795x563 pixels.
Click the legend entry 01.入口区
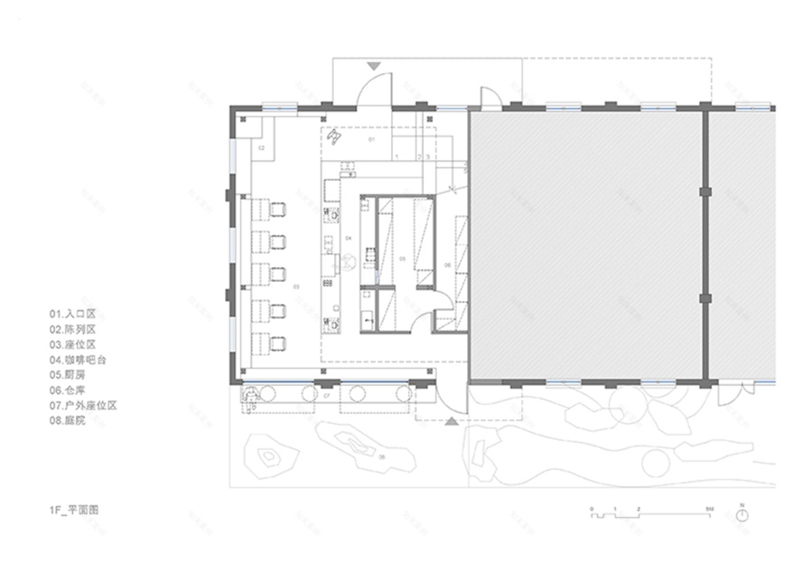[x=72, y=314]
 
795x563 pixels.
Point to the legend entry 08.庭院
[x=68, y=420]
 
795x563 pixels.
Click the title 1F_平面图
[x=74, y=510]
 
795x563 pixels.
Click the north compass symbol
[x=742, y=513]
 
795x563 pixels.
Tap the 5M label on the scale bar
[x=711, y=511]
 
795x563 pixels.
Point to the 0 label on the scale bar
[x=593, y=511]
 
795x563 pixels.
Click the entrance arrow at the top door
[x=375, y=66]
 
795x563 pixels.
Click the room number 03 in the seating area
[x=295, y=286]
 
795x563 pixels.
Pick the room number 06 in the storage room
[x=446, y=264]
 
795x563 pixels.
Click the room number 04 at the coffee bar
[x=348, y=237]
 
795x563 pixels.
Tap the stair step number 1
[x=398, y=157]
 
